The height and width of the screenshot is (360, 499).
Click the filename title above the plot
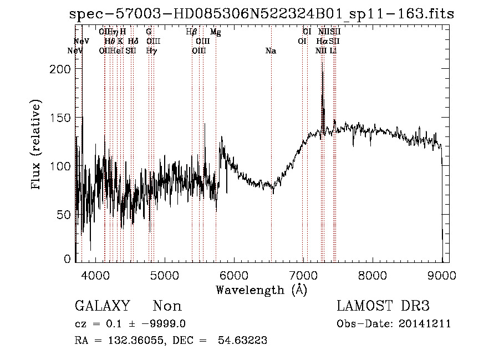262,14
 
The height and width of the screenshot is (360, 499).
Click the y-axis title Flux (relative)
37,146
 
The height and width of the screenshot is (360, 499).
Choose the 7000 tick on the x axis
303,275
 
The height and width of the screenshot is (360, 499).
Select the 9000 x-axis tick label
441,275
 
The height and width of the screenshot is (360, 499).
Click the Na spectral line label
271,51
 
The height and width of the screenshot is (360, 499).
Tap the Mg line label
216,33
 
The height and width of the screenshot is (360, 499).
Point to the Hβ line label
192,32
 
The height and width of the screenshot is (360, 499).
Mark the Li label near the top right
333,51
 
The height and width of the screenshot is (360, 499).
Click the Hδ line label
133,42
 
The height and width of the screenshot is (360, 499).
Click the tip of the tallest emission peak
323,62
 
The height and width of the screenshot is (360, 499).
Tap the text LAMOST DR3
383,306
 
